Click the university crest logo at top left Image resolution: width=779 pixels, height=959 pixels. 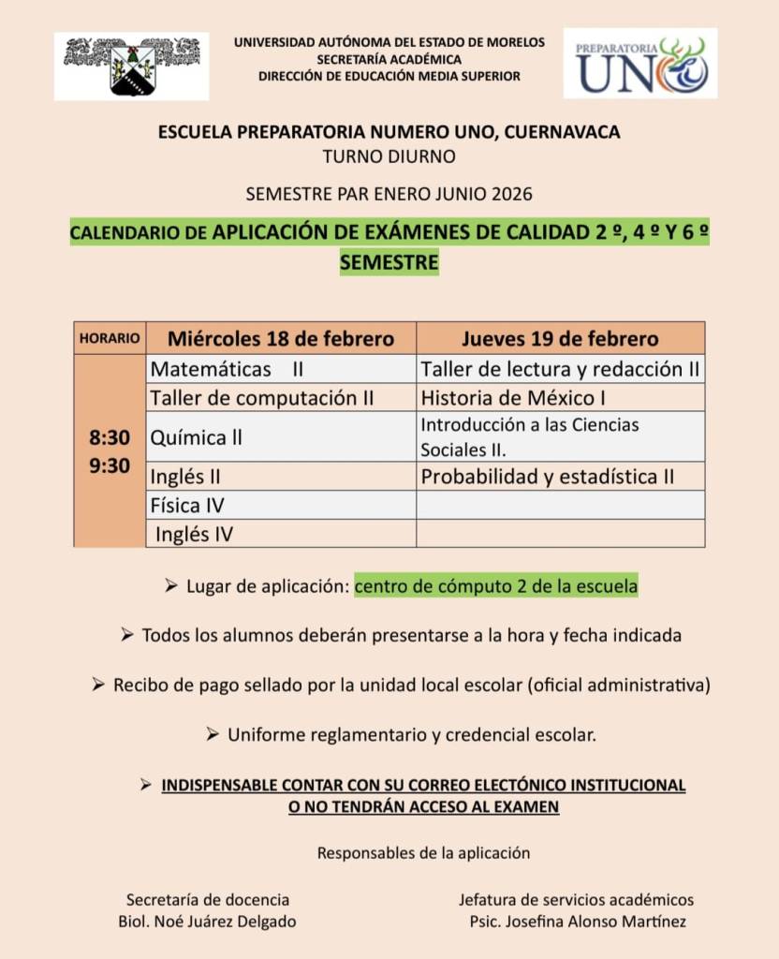pos(131,65)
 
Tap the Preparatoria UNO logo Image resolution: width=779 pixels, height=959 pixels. pos(640,64)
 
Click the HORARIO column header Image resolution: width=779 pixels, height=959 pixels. pos(110,338)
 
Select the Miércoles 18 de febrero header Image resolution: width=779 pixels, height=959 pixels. pos(281,338)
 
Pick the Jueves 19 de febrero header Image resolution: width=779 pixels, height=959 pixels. pos(560,338)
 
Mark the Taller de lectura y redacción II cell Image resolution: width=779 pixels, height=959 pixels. pos(560,369)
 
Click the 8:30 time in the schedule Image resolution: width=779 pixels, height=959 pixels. pos(110,437)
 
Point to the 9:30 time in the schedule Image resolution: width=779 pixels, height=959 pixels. pos(110,465)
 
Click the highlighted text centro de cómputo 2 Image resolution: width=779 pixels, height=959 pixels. pos(496,586)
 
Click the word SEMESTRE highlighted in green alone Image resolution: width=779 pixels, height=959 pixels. pos(389,263)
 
